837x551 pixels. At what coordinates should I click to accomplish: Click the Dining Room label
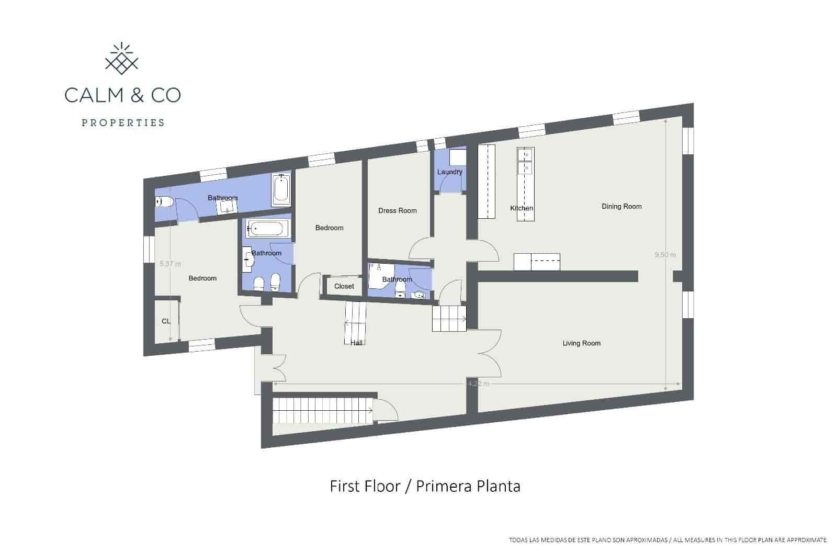click(x=621, y=207)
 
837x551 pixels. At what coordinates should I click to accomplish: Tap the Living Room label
click(x=581, y=343)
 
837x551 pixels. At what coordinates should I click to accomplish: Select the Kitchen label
click(x=522, y=208)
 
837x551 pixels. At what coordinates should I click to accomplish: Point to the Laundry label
click(x=449, y=172)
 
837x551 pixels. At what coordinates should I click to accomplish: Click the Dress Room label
click(x=398, y=211)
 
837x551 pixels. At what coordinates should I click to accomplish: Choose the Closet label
click(x=344, y=286)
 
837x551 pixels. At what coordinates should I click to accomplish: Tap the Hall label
click(x=356, y=343)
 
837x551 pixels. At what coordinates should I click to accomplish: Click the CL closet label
click(x=166, y=321)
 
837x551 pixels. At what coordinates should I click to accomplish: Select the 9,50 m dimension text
click(x=665, y=255)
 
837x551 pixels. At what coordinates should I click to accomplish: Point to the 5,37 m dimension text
click(x=170, y=264)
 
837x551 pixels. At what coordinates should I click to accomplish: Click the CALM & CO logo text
click(x=122, y=95)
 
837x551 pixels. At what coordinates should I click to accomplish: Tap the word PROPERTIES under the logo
click(x=122, y=123)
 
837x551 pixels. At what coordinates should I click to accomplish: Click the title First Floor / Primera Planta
click(x=425, y=487)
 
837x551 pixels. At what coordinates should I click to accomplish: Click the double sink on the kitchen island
click(x=526, y=161)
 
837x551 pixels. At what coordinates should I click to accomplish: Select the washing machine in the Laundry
click(x=457, y=158)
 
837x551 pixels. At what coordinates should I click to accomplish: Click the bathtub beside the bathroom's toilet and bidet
click(x=267, y=229)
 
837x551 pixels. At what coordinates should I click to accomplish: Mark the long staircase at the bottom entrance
click(x=322, y=411)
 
